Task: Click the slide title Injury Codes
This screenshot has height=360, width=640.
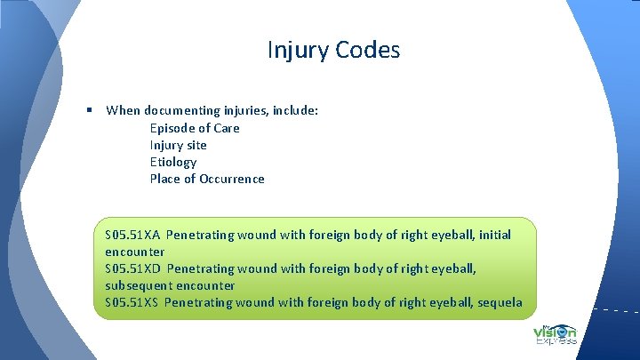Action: point(333,50)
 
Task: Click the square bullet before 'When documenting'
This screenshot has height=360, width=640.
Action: point(91,110)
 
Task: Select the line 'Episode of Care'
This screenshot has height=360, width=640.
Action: point(195,128)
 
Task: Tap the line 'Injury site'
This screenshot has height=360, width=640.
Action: point(178,145)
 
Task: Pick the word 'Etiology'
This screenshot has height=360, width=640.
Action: point(173,162)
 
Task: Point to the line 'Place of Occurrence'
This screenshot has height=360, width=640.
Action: point(207,179)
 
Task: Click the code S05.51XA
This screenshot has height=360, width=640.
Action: point(132,236)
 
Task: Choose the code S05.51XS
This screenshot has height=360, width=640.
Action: point(132,302)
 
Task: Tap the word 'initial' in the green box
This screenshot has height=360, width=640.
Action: point(494,236)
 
